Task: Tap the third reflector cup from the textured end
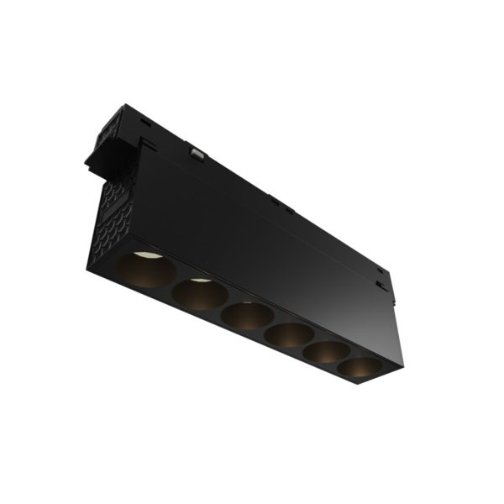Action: [247, 316]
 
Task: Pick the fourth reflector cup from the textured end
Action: [289, 336]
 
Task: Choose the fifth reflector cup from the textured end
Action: [326, 353]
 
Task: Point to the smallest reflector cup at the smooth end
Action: [359, 367]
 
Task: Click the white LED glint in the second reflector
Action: [198, 281]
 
